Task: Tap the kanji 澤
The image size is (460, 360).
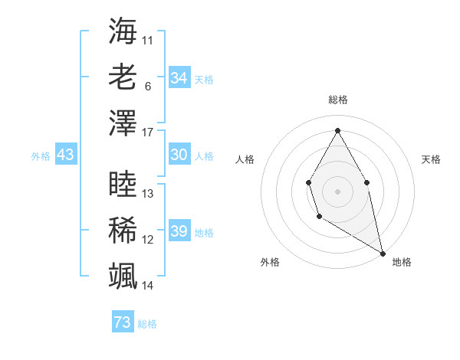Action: [123, 123]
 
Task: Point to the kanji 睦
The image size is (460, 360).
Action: [123, 184]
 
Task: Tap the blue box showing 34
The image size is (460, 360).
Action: [179, 78]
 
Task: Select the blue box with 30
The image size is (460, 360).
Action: [179, 155]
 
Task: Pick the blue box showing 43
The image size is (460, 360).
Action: [66, 155]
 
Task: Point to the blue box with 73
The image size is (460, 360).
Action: [123, 322]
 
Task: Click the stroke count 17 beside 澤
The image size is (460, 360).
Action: [148, 133]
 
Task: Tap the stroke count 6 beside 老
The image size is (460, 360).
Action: [147, 86]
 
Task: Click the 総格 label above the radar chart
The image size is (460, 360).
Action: [337, 100]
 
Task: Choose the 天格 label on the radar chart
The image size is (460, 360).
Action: [431, 159]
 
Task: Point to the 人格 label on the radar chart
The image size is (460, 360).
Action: [245, 159]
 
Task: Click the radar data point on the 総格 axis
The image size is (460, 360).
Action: [337, 129]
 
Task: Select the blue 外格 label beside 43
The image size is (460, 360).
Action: [41, 155]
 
